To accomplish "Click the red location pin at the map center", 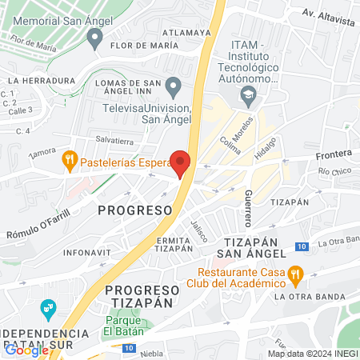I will (180, 163).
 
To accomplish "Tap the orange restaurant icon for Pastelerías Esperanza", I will (70, 160).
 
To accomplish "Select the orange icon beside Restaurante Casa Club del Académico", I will (295, 275).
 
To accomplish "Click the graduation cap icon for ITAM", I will (247, 96).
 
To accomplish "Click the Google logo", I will (26, 350).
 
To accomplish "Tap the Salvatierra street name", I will (114, 138).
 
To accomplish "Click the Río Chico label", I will (334, 172).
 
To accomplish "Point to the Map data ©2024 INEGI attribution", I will (312, 354).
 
